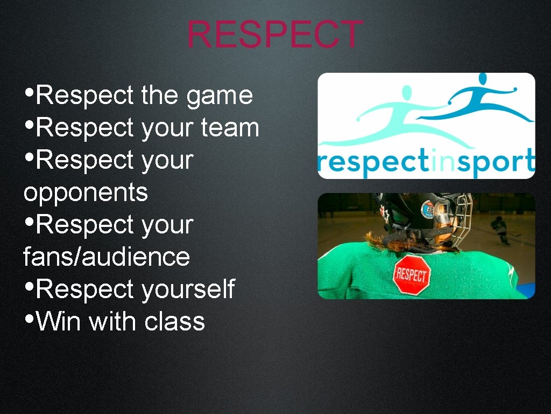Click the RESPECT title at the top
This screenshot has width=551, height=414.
(275, 34)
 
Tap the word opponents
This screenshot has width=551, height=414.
(86, 193)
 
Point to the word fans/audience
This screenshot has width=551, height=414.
(107, 257)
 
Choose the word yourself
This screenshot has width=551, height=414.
(188, 289)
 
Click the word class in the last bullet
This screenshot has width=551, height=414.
(175, 322)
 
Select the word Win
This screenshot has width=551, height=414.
(59, 322)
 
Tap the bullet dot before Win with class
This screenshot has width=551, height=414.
(30, 318)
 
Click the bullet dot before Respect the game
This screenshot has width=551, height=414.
(30, 92)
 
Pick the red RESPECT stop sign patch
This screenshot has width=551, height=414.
(412, 274)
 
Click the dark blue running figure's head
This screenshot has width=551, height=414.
(498, 79)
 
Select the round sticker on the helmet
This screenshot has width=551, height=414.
(428, 209)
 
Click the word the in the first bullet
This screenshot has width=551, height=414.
(159, 96)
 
